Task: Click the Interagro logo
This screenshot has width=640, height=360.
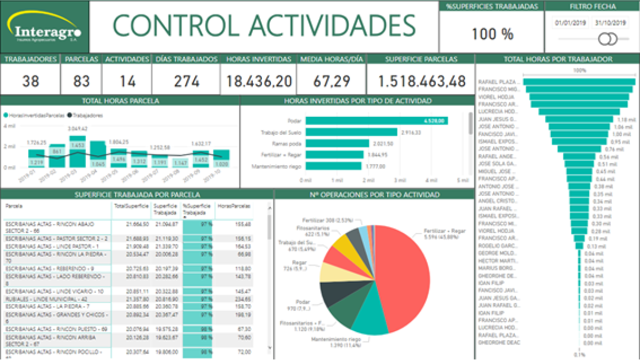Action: [x=44, y=27]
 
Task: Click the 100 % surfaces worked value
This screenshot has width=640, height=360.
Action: [x=492, y=34]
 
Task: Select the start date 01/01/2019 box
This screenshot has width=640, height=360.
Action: [x=570, y=23]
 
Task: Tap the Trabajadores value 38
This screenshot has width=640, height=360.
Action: [x=30, y=82]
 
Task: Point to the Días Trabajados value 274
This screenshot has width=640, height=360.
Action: [x=186, y=82]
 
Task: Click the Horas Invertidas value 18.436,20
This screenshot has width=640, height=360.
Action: [x=259, y=82]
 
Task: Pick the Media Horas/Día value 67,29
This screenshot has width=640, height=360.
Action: [x=331, y=82]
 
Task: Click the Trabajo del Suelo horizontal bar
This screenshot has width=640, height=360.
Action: [x=351, y=132]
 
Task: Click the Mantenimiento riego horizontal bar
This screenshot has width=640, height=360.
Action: [x=333, y=166]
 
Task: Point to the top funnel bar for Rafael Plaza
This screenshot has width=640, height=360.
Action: [x=579, y=82]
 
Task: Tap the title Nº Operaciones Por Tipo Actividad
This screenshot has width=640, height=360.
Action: [x=374, y=195]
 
